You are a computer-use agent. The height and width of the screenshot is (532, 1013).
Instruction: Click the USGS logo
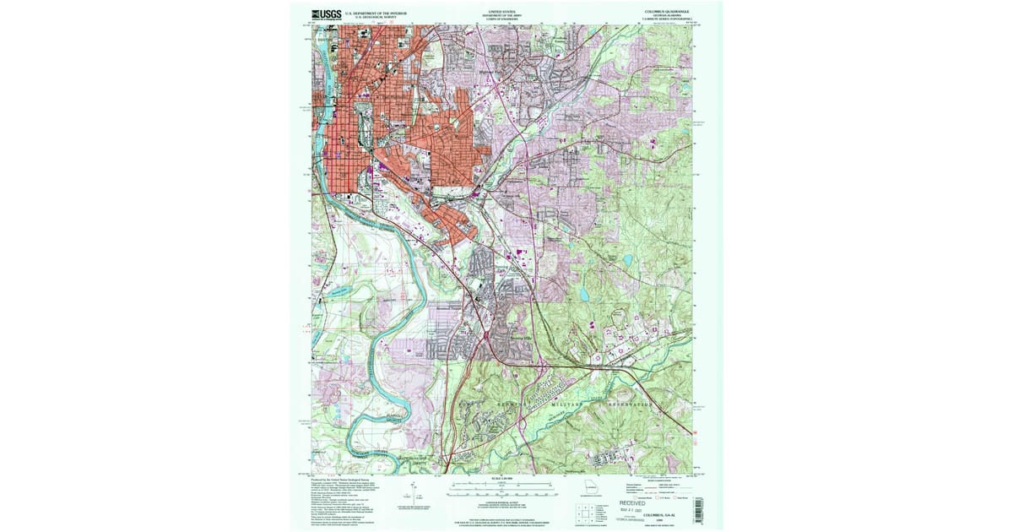click(328, 14)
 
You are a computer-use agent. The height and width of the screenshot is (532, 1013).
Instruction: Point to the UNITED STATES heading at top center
click(497, 11)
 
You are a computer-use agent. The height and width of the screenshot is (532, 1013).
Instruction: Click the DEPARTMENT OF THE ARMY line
click(497, 15)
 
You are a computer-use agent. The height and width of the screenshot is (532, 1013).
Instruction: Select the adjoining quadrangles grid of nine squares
click(583, 513)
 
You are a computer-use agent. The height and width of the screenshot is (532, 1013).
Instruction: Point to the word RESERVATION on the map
click(628, 407)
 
